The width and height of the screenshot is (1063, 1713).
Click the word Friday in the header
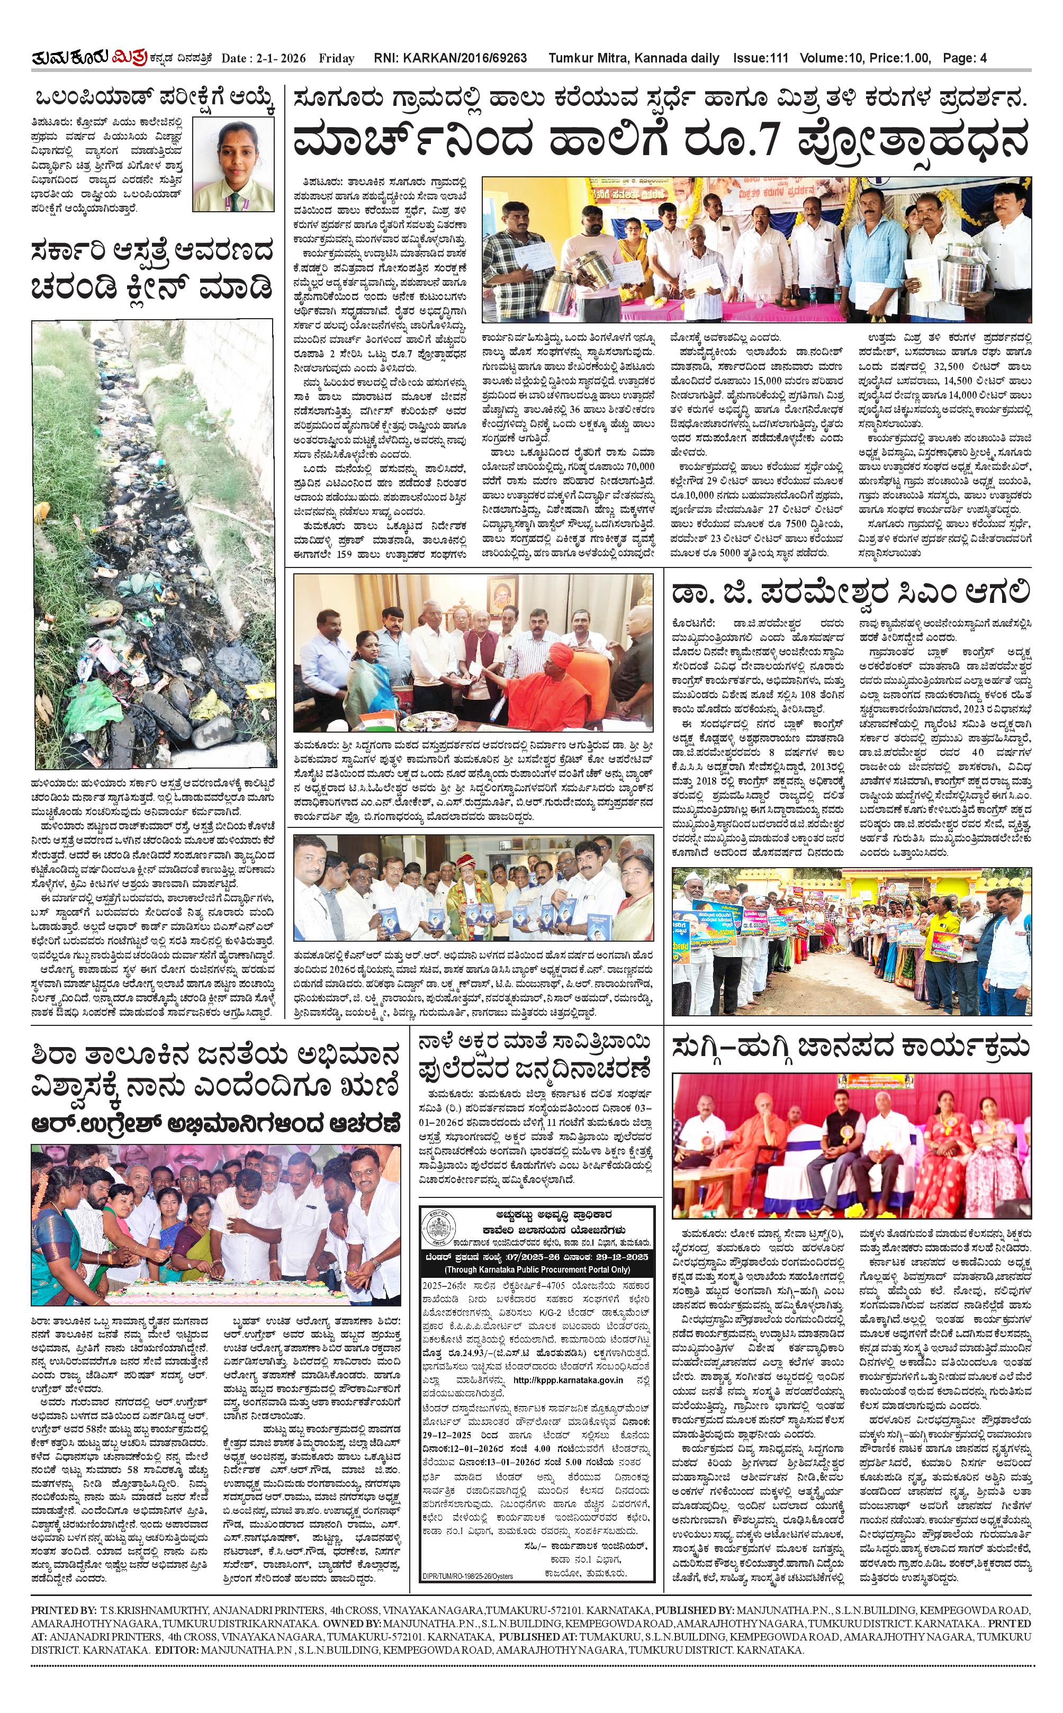(336, 58)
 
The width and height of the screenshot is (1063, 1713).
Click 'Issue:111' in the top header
(760, 58)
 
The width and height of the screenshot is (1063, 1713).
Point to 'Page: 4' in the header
(965, 58)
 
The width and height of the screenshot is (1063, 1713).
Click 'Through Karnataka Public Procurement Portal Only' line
(537, 1269)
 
